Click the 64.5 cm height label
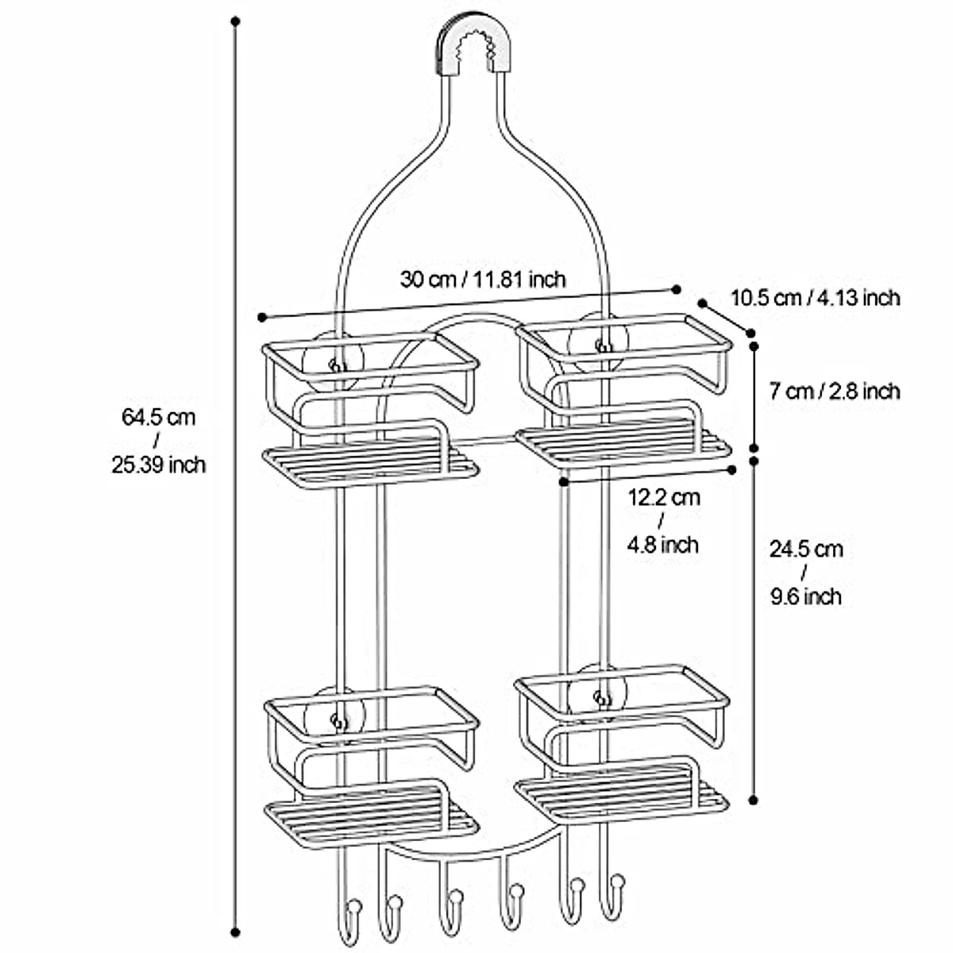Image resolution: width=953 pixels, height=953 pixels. click(158, 416)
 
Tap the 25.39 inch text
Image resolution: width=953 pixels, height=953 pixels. click(158, 465)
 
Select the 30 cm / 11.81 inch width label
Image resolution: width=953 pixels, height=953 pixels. click(482, 279)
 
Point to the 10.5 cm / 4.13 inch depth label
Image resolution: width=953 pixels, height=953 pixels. click(815, 298)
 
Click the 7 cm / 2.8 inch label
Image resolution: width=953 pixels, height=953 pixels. click(835, 391)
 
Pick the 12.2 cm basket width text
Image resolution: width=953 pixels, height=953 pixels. click(664, 498)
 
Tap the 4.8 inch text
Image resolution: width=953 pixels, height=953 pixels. click(663, 545)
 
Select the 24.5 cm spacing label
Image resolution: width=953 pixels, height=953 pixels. click(806, 549)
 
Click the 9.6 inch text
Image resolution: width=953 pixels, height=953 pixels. click(805, 596)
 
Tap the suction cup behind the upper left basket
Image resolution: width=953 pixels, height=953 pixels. click(336, 365)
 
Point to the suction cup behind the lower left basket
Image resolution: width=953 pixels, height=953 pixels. click(336, 719)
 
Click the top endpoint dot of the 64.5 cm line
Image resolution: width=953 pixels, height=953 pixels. click(235, 21)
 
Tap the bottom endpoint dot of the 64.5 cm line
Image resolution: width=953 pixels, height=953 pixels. click(235, 932)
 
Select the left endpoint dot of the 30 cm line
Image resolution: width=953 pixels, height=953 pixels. click(261, 318)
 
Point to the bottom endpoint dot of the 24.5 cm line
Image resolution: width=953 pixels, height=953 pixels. click(753, 800)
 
